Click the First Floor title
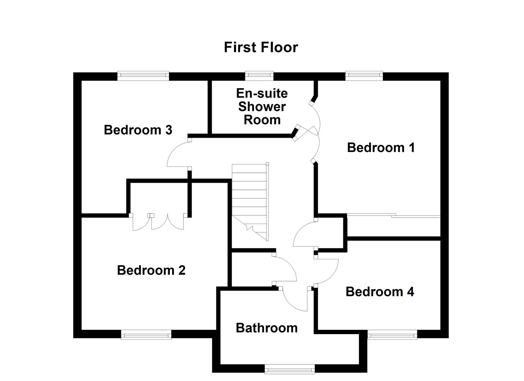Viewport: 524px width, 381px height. [261, 47]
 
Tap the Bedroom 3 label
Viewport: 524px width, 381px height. [138, 130]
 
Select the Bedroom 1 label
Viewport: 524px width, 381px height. [381, 147]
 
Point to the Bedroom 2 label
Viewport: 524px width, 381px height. [151, 270]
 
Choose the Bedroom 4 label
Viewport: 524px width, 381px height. [380, 292]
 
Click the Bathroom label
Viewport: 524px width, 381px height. [266, 328]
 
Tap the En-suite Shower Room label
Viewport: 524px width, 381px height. [262, 107]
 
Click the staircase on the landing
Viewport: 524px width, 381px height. [250, 201]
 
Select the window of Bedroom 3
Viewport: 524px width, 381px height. [143, 75]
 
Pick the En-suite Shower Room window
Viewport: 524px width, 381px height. [259, 75]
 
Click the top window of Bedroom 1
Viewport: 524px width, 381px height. [364, 75]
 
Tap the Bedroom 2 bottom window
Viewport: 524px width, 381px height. [146, 334]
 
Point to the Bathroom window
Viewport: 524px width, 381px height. [290, 370]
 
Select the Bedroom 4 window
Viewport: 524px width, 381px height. [392, 334]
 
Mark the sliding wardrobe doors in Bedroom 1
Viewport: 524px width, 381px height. [393, 216]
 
